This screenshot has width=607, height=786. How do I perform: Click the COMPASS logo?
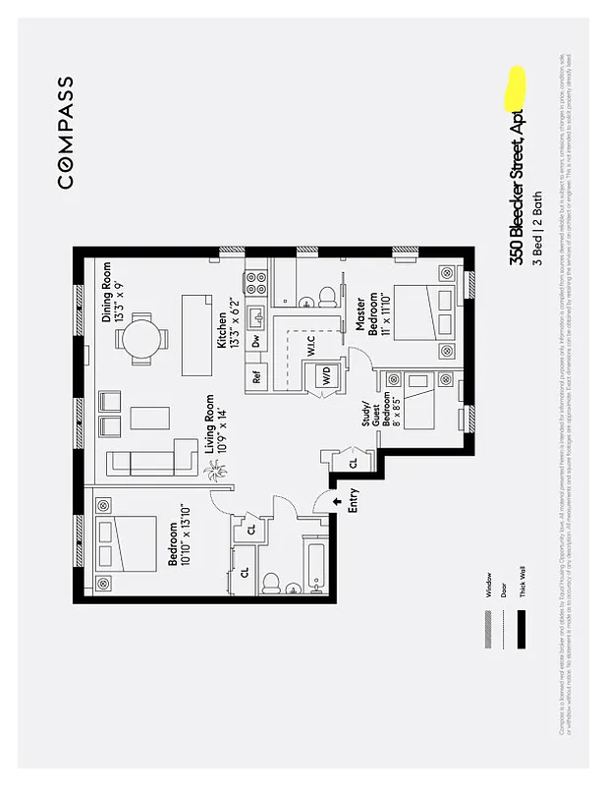click(65, 133)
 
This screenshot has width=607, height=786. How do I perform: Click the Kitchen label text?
click(227, 328)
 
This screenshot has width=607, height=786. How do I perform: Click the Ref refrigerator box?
click(256, 375)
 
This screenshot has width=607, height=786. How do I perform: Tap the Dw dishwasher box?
click(256, 341)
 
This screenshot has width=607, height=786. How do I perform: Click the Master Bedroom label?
click(365, 316)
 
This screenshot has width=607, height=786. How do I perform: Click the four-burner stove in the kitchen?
click(256, 284)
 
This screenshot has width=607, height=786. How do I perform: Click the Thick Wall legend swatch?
click(521, 629)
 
